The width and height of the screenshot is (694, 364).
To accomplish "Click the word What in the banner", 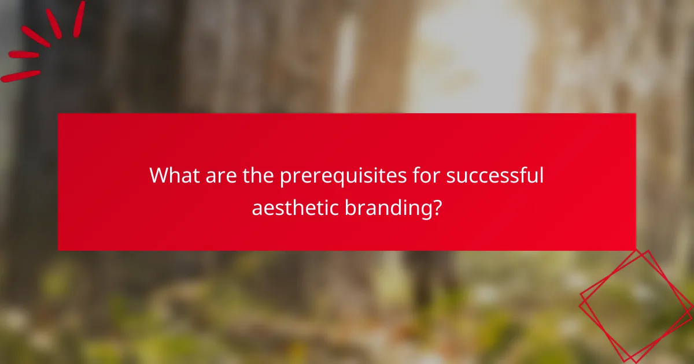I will pos(173,176).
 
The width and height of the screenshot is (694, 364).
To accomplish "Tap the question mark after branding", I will pos(437,207).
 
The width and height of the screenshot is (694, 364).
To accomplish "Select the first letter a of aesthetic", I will pos(257,209).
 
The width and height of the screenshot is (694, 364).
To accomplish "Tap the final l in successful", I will pos(541,176).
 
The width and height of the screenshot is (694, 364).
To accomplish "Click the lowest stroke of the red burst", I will pos(20,76).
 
